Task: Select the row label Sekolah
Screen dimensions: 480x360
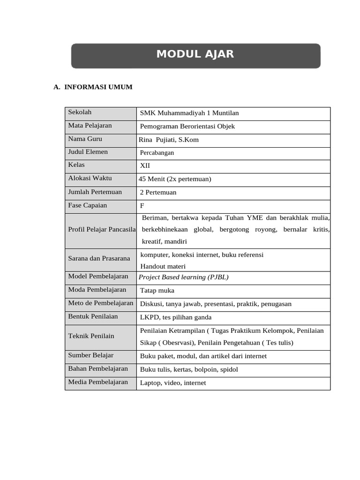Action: tap(80, 112)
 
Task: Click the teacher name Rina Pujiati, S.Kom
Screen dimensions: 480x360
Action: tap(169, 140)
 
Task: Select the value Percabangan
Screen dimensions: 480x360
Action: tap(157, 153)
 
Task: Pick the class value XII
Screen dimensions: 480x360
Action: tap(145, 166)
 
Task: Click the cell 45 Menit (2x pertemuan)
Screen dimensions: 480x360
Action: tap(175, 179)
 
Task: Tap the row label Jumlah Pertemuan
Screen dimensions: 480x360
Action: tap(95, 192)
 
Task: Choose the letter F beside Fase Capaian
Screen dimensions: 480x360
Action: tap(142, 206)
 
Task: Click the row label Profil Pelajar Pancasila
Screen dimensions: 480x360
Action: tap(102, 230)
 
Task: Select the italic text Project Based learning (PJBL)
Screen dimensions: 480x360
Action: tap(184, 277)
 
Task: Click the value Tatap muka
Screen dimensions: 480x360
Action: tap(157, 291)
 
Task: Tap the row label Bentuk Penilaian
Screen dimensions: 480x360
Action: tap(93, 317)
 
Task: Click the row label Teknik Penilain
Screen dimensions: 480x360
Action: tap(91, 336)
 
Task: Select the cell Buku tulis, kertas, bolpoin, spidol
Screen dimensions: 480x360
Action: tap(189, 370)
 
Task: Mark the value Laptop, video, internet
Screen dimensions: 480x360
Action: tap(173, 383)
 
